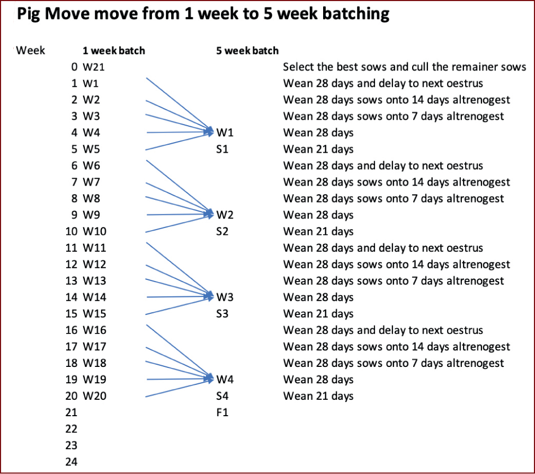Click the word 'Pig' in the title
click(29, 14)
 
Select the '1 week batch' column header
click(114, 50)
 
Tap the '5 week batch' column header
click(247, 50)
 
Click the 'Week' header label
click(30, 50)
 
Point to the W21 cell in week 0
click(94, 67)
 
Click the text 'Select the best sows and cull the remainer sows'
click(405, 67)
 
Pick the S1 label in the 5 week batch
click(222, 149)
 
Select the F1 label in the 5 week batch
click(222, 412)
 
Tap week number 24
click(72, 462)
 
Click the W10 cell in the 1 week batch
click(94, 232)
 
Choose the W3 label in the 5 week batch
click(225, 297)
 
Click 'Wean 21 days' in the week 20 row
click(318, 396)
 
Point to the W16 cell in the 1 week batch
click(94, 330)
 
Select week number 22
click(72, 429)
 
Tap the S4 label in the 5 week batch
click(222, 396)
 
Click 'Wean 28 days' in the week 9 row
click(318, 215)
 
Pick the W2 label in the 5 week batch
click(225, 215)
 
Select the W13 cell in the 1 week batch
click(94, 280)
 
